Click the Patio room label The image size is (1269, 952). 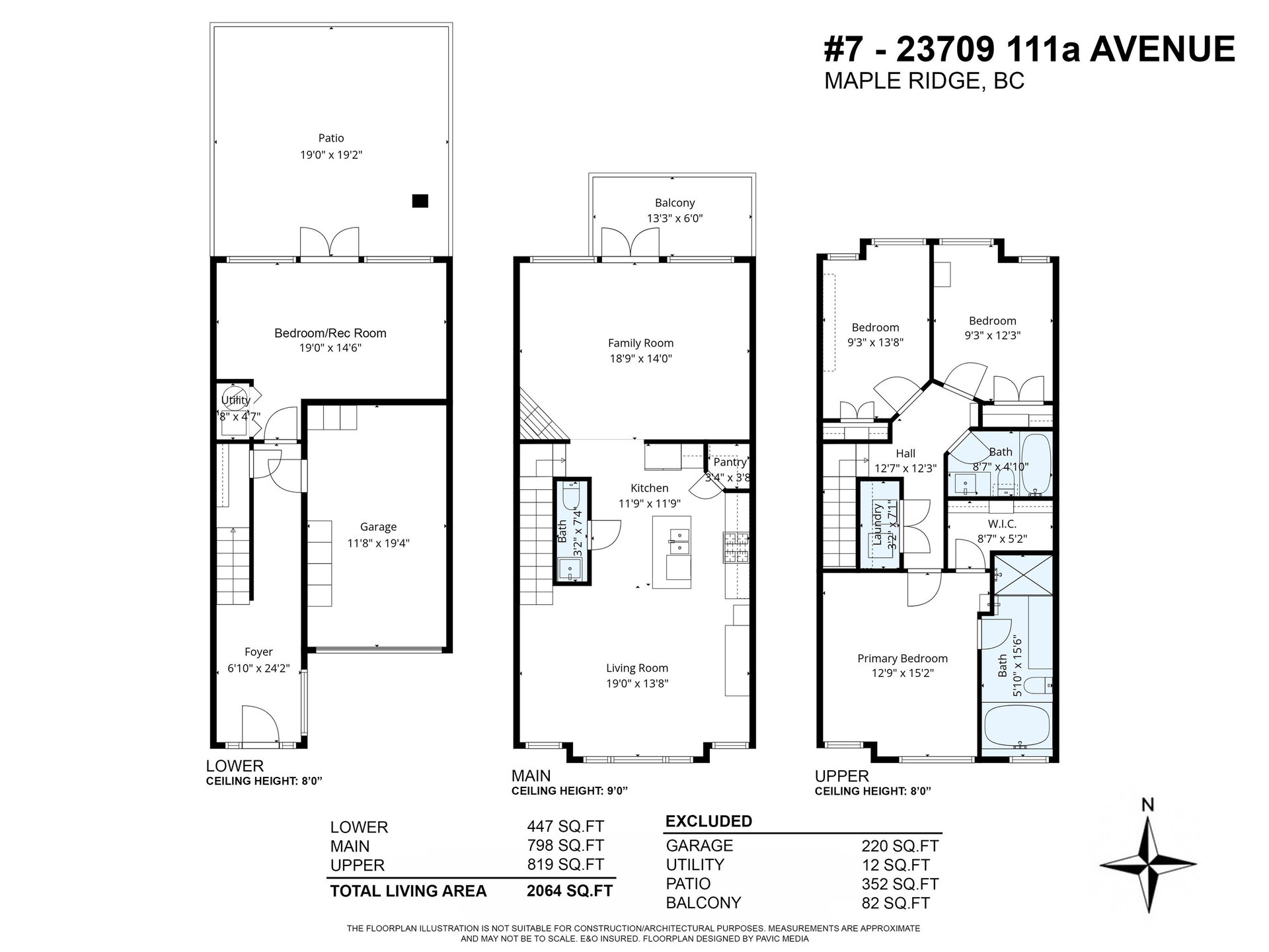tap(331, 138)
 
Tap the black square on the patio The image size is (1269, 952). tap(420, 201)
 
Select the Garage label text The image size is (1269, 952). tap(378, 527)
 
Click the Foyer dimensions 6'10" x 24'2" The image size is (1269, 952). tap(258, 668)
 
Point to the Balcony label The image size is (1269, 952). tap(675, 203)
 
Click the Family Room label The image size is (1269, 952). tap(640, 343)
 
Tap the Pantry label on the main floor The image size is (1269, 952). tap(730, 463)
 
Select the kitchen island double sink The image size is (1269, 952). tap(677, 541)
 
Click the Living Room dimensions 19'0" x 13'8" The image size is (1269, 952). tap(637, 684)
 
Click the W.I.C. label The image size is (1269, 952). tap(1002, 524)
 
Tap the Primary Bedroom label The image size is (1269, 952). tap(902, 658)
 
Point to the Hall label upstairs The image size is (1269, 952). tap(905, 454)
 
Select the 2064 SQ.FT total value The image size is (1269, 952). tap(569, 891)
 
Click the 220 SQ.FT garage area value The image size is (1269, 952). tap(900, 846)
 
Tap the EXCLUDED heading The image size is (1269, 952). tap(709, 821)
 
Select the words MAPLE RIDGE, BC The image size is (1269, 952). tap(924, 81)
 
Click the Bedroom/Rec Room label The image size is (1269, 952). tap(330, 333)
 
